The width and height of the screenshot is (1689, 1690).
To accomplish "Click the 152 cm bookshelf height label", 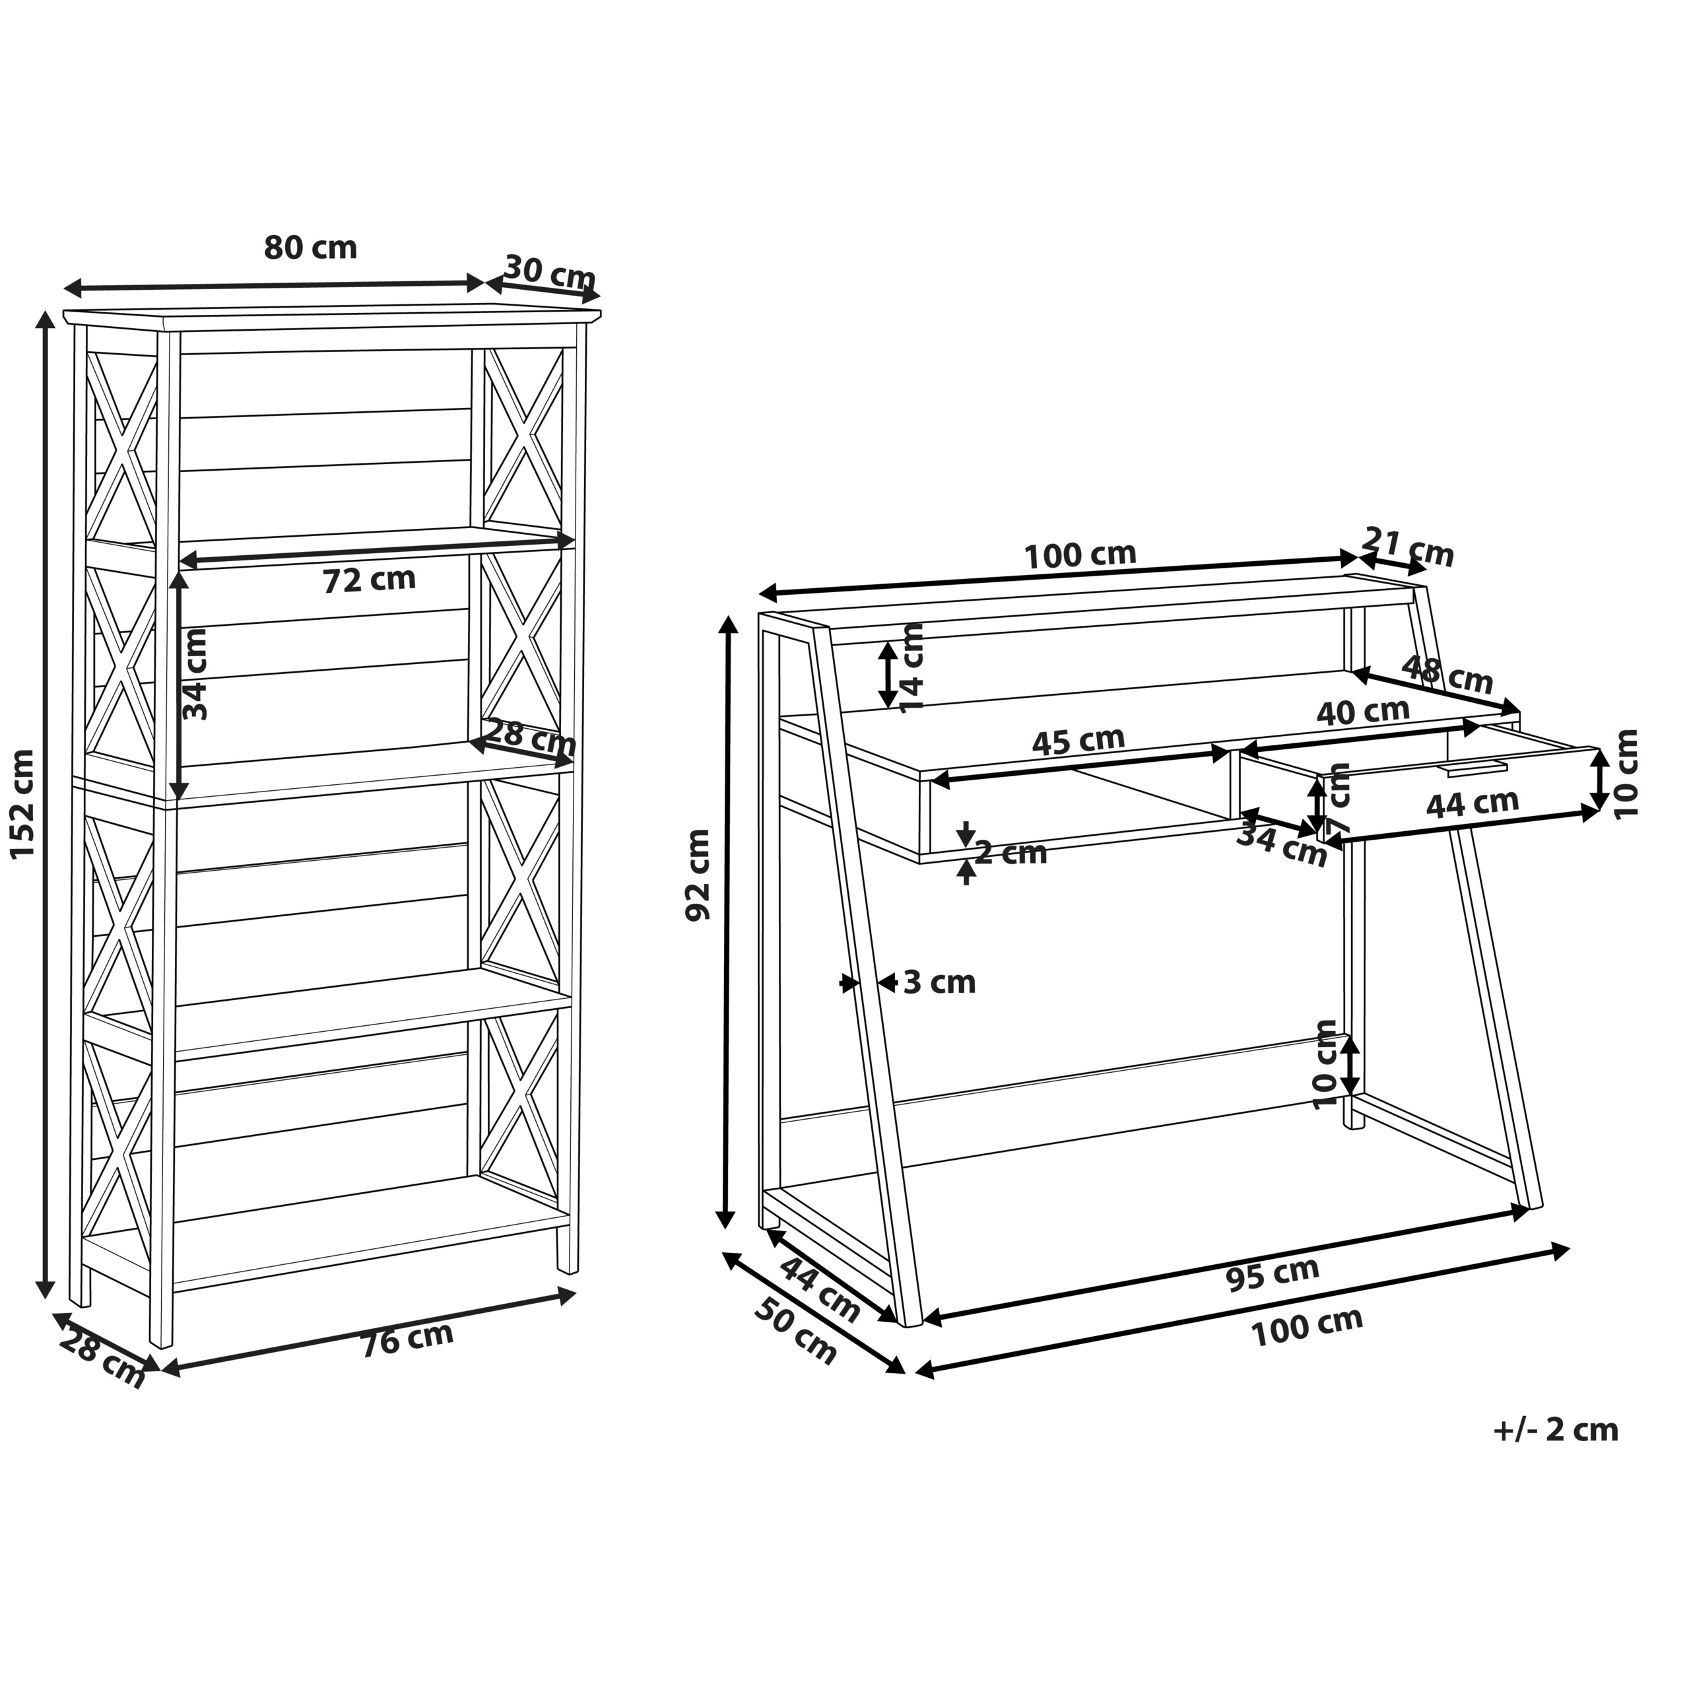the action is [24, 804].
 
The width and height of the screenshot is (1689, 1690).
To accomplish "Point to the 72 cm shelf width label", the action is [369, 580].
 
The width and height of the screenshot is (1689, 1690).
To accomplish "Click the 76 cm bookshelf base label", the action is [408, 1337].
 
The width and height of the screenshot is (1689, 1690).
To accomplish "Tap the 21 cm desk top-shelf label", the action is [1407, 547].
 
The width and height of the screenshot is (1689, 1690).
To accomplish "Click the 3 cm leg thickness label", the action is [939, 983].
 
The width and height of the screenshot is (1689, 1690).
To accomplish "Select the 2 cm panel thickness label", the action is [1011, 853].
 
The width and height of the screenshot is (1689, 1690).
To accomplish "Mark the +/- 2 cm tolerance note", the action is [1556, 1429].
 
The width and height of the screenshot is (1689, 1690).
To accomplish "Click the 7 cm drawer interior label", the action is [1339, 797].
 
